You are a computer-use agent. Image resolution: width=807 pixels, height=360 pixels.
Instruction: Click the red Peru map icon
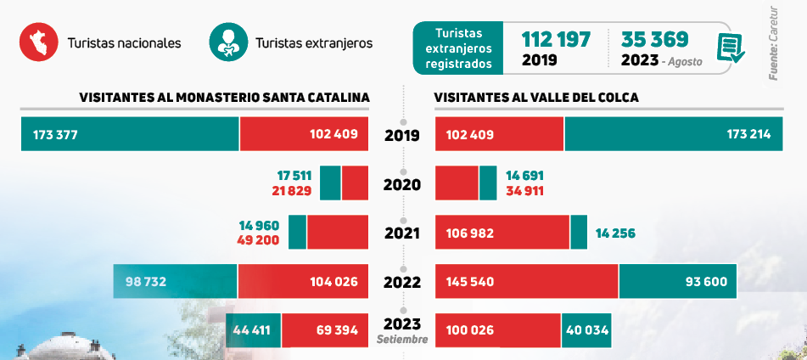(x=38, y=42)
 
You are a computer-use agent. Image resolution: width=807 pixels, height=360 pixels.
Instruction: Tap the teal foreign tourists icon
(x=227, y=42)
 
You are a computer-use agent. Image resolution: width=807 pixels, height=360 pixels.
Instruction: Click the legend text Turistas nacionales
(x=124, y=42)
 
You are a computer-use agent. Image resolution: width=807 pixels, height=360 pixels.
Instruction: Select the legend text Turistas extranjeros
(x=313, y=42)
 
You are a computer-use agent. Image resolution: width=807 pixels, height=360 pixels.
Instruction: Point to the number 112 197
(x=556, y=39)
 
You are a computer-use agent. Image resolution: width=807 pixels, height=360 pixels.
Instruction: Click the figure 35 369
(x=654, y=39)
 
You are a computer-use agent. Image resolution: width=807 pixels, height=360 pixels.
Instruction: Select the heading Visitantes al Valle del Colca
(x=536, y=98)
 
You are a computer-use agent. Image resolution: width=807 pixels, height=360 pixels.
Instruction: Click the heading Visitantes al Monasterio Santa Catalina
(x=224, y=98)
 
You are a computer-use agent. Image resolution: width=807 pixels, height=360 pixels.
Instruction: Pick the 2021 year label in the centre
(x=402, y=233)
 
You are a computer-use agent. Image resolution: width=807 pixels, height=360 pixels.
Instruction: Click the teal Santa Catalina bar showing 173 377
(x=130, y=134)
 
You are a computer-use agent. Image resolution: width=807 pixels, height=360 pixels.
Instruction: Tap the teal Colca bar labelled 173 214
(x=673, y=134)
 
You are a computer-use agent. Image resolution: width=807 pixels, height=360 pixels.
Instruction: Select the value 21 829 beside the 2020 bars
(x=291, y=190)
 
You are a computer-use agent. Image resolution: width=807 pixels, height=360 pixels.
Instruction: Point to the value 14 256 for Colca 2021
(x=615, y=233)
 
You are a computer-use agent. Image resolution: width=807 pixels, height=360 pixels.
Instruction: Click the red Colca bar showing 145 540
(x=526, y=281)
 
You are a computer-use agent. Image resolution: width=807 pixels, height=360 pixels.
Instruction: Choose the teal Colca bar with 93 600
(x=677, y=281)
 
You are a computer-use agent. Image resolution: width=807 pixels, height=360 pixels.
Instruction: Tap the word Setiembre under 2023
(x=402, y=340)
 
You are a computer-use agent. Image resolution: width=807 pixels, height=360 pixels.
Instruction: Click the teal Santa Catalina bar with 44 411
(x=253, y=330)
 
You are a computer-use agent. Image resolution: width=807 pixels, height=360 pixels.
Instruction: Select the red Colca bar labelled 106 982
(x=502, y=233)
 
